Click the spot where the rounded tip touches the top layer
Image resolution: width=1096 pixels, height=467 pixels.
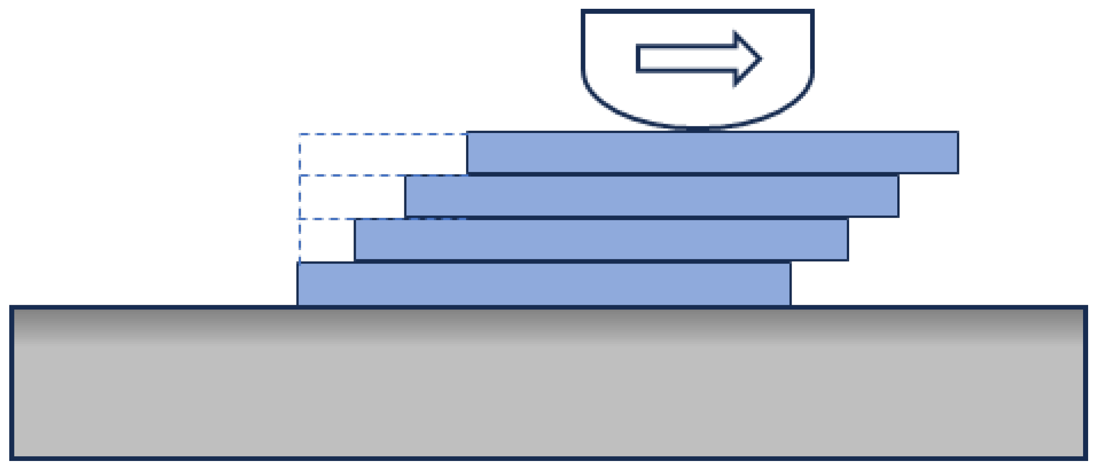click(698, 129)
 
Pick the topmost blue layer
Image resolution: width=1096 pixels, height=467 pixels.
click(712, 153)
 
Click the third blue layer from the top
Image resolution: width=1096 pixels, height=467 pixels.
click(601, 240)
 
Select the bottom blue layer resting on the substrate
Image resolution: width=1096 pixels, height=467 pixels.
click(543, 284)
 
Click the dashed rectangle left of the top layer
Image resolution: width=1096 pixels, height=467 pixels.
click(383, 155)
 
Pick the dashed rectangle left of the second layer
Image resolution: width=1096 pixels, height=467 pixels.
click(352, 197)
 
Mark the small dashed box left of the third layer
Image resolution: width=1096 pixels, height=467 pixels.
click(327, 240)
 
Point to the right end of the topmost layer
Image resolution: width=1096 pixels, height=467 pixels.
click(957, 153)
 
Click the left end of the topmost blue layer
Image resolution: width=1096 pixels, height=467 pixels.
click(468, 153)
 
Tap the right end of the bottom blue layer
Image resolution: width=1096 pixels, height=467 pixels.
click(790, 284)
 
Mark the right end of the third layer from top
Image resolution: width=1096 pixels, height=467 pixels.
click(847, 240)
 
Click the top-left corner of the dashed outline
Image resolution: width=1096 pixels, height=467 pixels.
click(300, 134)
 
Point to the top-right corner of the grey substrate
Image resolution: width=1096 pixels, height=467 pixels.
click(1085, 308)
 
